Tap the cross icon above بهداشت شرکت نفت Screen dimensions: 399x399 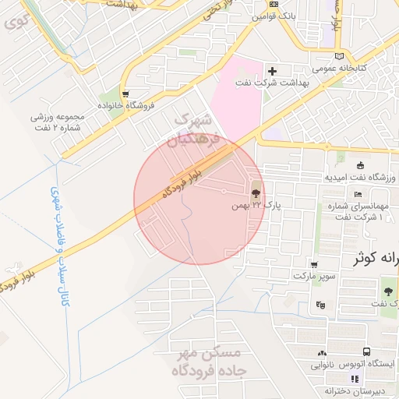[271, 71]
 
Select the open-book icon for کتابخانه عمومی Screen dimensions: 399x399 [338, 56]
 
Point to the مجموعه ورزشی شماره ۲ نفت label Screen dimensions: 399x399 [62, 122]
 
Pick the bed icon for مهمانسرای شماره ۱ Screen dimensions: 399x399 [358, 194]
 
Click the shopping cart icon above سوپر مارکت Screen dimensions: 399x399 [313, 264]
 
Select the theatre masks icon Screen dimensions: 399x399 [320, 305]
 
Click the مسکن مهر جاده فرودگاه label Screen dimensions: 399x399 [211, 364]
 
